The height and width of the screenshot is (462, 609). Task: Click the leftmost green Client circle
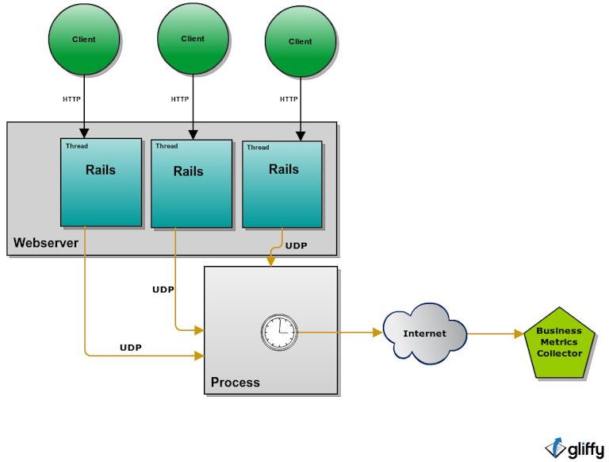click(84, 39)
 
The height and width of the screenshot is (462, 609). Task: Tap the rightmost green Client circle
click(301, 41)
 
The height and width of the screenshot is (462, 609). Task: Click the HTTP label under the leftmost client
click(71, 99)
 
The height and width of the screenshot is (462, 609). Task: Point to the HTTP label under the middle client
click(180, 99)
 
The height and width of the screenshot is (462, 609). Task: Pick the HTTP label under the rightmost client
click(289, 99)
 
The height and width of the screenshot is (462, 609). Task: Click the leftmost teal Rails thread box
click(101, 183)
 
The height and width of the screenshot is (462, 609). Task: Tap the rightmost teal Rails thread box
click(282, 184)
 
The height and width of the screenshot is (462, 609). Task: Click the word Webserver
click(46, 243)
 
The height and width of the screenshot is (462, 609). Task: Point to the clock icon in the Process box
click(279, 333)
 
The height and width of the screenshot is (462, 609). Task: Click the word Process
click(235, 383)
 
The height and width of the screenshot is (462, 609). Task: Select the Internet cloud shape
click(424, 333)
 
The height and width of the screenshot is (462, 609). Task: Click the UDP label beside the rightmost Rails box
click(296, 246)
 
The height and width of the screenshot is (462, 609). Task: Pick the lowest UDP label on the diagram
click(131, 348)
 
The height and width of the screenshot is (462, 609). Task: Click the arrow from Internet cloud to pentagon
click(496, 333)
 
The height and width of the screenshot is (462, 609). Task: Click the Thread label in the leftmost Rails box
click(77, 146)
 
